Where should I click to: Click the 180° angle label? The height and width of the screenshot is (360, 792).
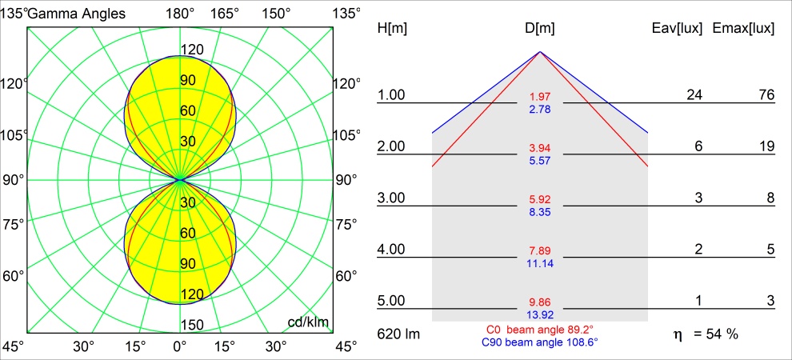(180, 13)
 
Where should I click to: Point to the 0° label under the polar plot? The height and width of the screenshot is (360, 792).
(180, 347)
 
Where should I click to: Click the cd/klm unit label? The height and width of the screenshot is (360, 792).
(309, 322)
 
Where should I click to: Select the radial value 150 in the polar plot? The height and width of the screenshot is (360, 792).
(190, 324)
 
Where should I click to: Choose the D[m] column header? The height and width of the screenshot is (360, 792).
(540, 28)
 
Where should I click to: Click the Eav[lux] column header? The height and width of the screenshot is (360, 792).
(678, 28)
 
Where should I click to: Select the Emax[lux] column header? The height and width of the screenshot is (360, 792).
(745, 28)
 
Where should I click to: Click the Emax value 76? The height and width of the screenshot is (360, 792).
(766, 95)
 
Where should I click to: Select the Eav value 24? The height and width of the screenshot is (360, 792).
(694, 95)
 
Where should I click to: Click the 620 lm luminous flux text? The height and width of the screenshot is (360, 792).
(398, 334)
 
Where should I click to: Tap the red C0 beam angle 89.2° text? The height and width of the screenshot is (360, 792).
(540, 329)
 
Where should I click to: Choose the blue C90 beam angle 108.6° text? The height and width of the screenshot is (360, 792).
(540, 342)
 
